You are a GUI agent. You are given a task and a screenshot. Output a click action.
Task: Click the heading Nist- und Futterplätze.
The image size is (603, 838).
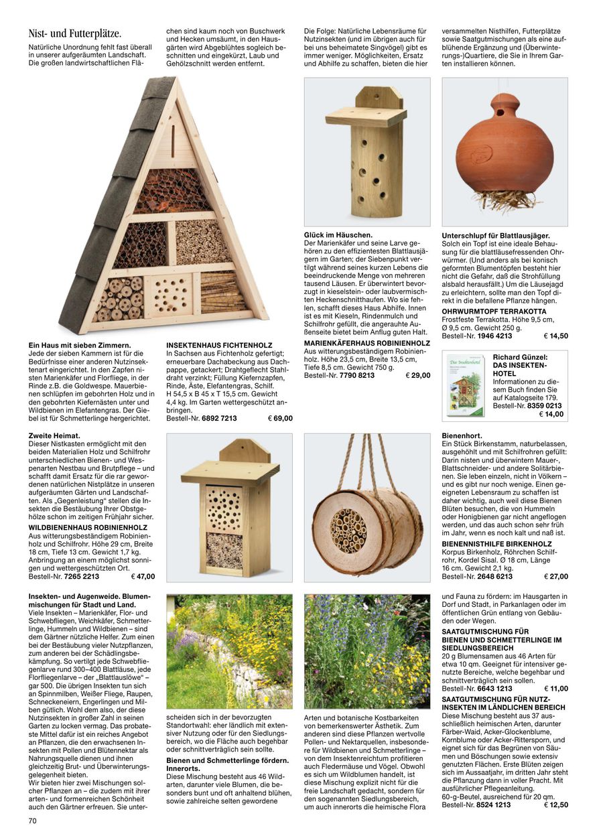tap(74, 33)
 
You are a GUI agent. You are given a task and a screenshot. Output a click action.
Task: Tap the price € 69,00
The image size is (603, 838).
tap(280, 418)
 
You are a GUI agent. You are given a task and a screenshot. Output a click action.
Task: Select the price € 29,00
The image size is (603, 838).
tap(418, 376)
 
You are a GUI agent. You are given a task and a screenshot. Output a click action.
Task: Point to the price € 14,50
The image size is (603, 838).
tap(555, 336)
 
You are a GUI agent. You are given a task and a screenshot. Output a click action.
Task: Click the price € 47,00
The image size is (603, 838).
tap(143, 576)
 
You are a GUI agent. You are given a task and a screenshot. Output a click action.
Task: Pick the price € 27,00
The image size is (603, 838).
tap(555, 576)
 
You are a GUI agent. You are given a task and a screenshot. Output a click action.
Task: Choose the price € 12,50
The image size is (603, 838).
tap(555, 805)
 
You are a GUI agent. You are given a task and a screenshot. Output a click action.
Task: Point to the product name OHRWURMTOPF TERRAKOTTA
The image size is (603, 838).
tap(494, 311)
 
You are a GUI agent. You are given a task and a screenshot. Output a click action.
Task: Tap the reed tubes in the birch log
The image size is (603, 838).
tap(349, 531)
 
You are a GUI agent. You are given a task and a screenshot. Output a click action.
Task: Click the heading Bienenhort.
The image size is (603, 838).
tap(462, 435)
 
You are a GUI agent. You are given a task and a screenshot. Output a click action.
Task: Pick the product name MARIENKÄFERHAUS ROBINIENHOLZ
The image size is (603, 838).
tap(366, 343)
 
